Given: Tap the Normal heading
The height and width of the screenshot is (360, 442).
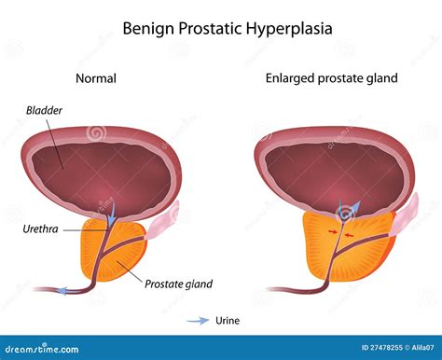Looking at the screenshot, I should [95, 78].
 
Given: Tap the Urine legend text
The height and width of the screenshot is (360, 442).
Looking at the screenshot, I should [226, 321].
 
